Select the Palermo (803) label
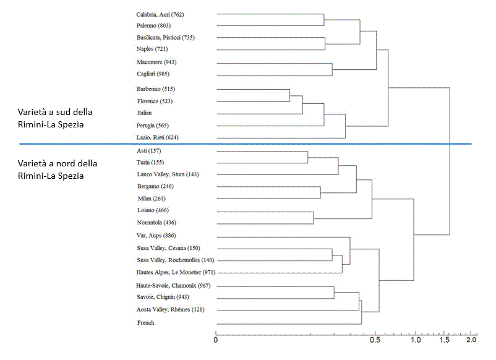[x=153, y=25]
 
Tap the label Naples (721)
[x=152, y=49]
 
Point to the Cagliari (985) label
[x=154, y=74]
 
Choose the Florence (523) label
[x=155, y=101]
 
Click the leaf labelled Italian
[x=145, y=113]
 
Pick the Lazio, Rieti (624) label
[x=160, y=137]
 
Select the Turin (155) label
[x=150, y=162]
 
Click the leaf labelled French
[x=145, y=322]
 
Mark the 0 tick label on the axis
[x=216, y=340]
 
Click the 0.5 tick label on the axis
[x=375, y=340]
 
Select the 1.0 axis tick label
[x=416, y=340]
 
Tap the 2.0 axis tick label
[x=471, y=340]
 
